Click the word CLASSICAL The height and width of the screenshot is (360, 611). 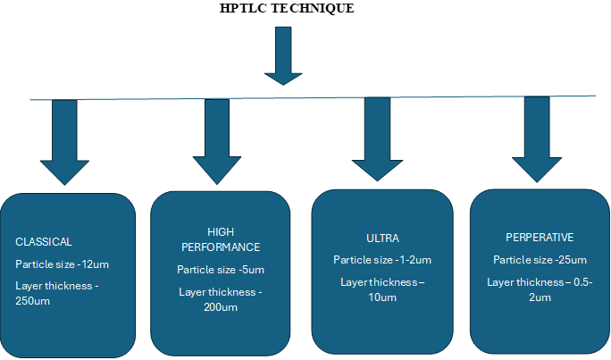(x=43, y=241)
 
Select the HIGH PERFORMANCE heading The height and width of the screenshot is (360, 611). (x=221, y=239)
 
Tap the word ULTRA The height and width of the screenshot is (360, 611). (x=382, y=239)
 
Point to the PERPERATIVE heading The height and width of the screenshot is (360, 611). (x=540, y=238)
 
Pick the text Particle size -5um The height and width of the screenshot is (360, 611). (x=221, y=270)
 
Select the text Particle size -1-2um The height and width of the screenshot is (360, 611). (x=382, y=260)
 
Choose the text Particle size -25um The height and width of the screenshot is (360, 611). (x=540, y=260)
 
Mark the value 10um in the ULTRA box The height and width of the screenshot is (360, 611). (x=382, y=297)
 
